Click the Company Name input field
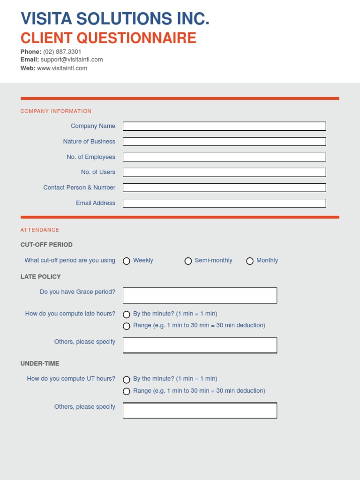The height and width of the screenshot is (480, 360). (224, 126)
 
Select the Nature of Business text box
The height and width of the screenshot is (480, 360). (224, 142)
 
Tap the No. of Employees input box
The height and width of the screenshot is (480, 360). (224, 157)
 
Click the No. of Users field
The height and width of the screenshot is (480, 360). (224, 172)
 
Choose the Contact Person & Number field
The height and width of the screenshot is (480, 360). (224, 187)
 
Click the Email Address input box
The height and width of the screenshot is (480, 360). (224, 203)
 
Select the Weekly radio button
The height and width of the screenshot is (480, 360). (127, 261)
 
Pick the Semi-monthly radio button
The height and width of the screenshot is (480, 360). (188, 261)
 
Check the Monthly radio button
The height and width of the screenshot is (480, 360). (250, 261)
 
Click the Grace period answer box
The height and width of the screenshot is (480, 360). (200, 295)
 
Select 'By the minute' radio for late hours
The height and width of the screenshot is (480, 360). (127, 315)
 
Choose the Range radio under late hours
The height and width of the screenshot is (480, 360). (127, 326)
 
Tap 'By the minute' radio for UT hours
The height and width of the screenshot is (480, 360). (127, 380)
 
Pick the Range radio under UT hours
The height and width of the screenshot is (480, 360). (127, 391)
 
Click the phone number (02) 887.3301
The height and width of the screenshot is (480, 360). (62, 52)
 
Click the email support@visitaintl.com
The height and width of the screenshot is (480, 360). (71, 60)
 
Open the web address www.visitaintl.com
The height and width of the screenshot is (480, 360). (62, 68)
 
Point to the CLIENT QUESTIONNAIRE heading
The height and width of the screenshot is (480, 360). (108, 37)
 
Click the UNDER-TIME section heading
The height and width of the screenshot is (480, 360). (40, 363)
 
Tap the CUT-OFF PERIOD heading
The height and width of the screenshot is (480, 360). (46, 245)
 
